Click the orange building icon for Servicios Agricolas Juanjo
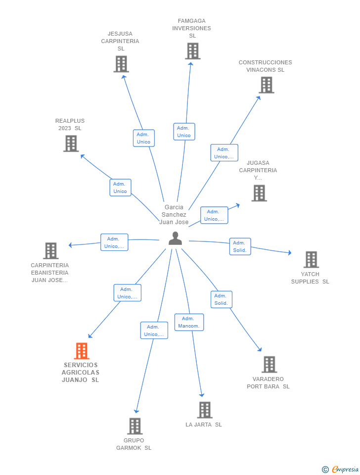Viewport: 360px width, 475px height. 82,351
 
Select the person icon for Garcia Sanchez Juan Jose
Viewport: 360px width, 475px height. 176,238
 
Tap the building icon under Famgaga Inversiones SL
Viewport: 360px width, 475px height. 192,51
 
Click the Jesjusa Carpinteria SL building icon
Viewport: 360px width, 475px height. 121,64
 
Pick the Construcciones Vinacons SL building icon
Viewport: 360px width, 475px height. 267,85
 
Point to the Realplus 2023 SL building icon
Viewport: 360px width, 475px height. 71,143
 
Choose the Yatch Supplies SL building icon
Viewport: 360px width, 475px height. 311,260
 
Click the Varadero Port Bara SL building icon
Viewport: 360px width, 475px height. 269,365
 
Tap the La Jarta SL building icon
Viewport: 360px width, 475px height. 205,410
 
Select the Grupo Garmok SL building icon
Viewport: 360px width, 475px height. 135,426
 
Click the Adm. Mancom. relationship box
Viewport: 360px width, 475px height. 189,322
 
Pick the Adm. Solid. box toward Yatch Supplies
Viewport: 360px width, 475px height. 240,246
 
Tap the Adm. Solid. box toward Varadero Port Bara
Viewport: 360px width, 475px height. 222,300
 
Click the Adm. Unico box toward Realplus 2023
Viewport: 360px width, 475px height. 120,188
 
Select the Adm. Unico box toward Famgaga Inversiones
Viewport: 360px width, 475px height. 184,132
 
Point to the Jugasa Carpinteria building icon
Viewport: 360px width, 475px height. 259,193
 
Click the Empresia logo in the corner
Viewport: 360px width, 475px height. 340,469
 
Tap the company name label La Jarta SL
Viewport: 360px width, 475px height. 204,425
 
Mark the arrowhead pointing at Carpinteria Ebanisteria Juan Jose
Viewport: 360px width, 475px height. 70,245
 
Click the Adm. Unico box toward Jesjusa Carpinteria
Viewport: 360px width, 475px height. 144,138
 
